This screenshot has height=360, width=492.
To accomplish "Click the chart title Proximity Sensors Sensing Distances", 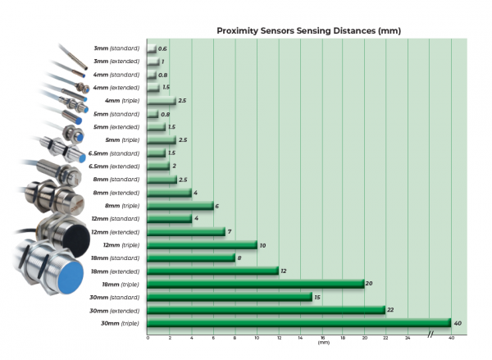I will pos(308,30).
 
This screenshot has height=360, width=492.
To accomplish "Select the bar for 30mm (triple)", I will pos(298,322).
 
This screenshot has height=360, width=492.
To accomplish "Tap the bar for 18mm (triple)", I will pos(255,284).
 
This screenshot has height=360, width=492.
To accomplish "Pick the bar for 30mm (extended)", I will pos(266,309).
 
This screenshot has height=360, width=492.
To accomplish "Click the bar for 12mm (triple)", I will pos(202,244).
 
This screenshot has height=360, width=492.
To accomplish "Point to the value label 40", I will pos(458,323).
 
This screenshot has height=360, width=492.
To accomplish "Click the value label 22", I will pos(392,310).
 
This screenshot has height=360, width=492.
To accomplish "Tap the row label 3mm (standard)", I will pos(118,49).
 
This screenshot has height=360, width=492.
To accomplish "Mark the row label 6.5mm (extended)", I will pos(118,166).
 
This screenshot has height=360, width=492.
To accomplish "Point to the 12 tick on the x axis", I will pos(279,337).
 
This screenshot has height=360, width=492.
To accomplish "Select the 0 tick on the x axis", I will pos(148,337).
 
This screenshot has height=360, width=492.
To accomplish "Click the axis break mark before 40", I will pos(430,333).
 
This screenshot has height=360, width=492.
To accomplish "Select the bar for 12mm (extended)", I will pos(186,231).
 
